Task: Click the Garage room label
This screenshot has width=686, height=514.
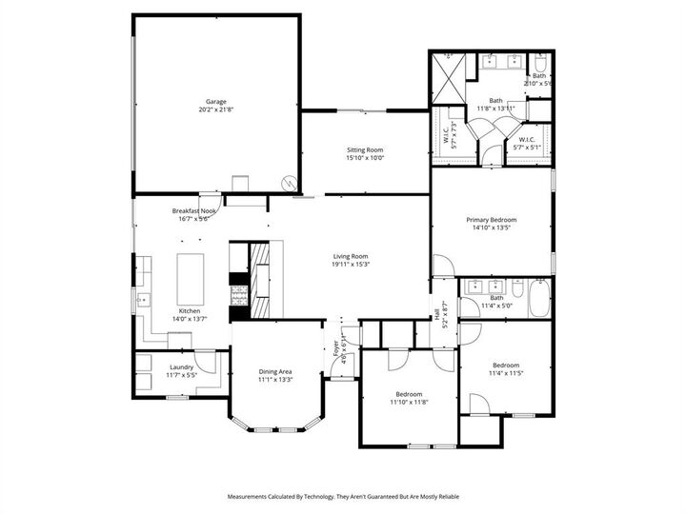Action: (215, 101)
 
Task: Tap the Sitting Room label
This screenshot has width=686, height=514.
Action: (365, 150)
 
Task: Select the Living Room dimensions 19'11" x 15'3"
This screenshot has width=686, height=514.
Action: (350, 265)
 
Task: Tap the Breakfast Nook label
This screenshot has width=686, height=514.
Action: (194, 210)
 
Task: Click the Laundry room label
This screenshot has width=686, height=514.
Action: (182, 366)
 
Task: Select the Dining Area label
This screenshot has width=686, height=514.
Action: (275, 371)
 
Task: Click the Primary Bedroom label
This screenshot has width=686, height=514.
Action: (491, 220)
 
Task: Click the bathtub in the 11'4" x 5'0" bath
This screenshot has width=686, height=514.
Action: (538, 299)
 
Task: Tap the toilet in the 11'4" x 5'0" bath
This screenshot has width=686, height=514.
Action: (469, 307)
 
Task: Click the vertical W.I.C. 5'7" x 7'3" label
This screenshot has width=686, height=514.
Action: (450, 136)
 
